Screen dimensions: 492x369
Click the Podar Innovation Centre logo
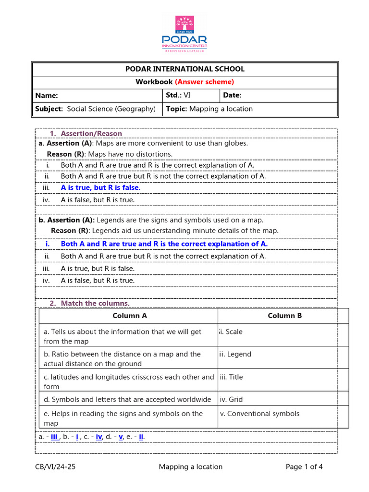click(184, 34)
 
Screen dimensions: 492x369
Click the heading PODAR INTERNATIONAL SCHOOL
click(184, 69)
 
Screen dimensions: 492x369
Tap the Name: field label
click(47, 96)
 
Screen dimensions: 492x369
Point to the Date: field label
click(233, 96)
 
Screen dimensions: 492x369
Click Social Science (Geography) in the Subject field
click(111, 109)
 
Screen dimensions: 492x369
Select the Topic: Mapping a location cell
click(209, 109)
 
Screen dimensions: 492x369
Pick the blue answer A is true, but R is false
click(100, 188)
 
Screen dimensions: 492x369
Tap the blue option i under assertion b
click(164, 244)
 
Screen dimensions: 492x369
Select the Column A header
click(129, 316)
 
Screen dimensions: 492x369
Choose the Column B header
click(284, 316)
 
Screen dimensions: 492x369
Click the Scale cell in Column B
click(232, 332)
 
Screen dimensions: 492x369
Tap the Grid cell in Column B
click(231, 399)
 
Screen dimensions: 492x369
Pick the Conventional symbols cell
click(259, 414)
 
